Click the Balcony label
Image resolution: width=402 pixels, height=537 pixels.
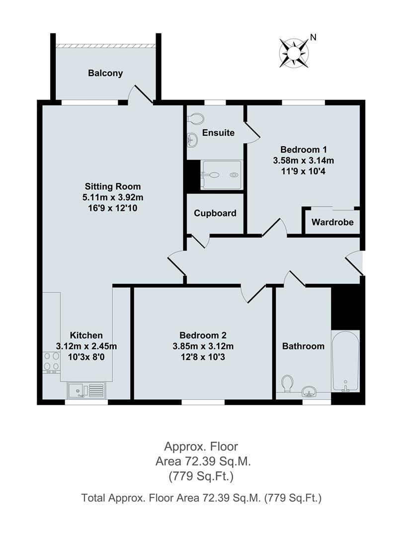click(x=105, y=73)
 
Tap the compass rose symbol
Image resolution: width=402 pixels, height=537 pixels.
click(x=294, y=52)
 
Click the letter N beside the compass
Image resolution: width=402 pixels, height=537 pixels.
click(x=313, y=37)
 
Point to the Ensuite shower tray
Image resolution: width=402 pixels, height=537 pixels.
click(x=222, y=175)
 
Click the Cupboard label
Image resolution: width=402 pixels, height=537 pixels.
click(x=215, y=213)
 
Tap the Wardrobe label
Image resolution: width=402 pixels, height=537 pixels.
click(x=332, y=222)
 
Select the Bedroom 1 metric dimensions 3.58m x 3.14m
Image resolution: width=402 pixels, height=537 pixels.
click(x=304, y=161)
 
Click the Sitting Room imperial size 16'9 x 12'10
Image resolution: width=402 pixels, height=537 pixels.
click(x=113, y=208)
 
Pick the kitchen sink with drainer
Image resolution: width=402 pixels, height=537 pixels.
click(x=87, y=390)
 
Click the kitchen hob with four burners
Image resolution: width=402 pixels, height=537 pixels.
click(x=52, y=362)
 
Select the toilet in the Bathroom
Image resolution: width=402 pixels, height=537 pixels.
click(x=286, y=384)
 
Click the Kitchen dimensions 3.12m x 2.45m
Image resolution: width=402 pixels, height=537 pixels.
click(x=86, y=346)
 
